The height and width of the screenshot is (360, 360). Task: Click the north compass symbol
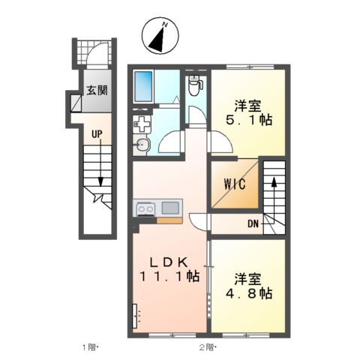click(160, 35)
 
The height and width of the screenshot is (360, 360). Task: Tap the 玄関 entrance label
click(97, 90)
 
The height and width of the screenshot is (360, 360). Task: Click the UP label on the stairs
click(97, 134)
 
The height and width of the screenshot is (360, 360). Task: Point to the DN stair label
click(253, 224)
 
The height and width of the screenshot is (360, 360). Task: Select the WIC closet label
click(235, 184)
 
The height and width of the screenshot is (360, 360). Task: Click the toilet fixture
click(196, 85)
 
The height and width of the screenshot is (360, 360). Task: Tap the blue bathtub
click(143, 86)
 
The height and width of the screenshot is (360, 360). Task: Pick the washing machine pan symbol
click(142, 124)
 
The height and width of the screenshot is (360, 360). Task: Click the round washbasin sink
click(142, 145)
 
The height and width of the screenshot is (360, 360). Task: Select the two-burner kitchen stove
click(145, 208)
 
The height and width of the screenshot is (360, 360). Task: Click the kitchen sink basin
click(170, 208)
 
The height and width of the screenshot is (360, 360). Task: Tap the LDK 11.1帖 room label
click(169, 270)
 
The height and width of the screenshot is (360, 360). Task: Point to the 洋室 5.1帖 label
click(248, 113)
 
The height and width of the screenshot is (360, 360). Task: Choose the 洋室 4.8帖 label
click(248, 286)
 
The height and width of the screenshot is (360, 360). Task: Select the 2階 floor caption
click(208, 347)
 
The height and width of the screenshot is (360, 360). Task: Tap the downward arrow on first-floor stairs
click(100, 163)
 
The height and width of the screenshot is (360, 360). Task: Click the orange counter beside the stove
click(169, 220)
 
